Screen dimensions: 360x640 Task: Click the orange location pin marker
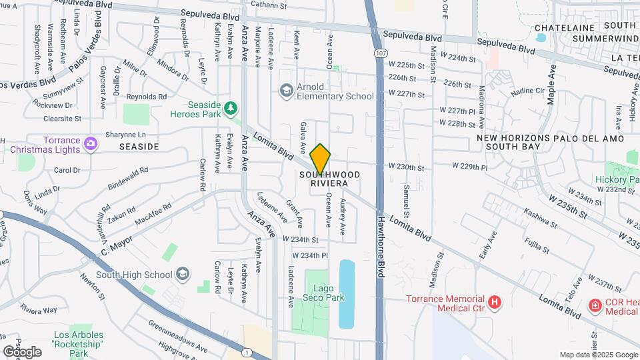[321, 158]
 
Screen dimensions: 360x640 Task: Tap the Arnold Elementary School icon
[287, 90]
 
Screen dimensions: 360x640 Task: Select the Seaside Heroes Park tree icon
[231, 107]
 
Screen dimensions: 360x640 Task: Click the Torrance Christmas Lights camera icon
[91, 142]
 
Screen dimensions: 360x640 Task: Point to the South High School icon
[182, 274]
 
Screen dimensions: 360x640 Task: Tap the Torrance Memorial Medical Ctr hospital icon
[494, 303]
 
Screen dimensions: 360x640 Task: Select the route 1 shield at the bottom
[247, 352]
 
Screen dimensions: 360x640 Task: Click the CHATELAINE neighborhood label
[564, 28]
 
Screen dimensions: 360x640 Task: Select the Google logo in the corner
[22, 351]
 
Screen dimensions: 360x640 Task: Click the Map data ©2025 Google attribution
[599, 355]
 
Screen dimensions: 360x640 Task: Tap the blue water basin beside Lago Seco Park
[347, 293]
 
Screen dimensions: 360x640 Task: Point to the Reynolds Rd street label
[146, 97]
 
